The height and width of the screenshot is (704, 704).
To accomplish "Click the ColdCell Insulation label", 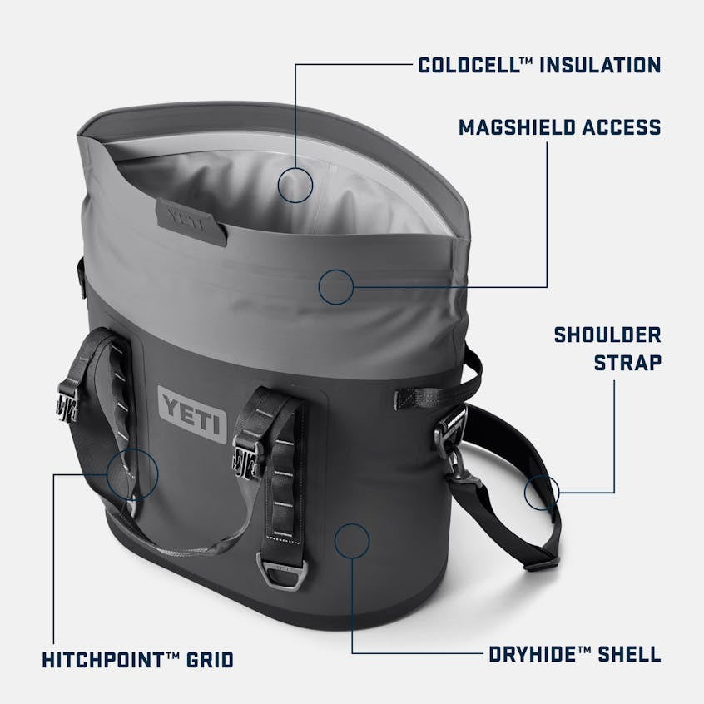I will click(539, 65).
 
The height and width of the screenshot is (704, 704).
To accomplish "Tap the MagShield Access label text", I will click(559, 127).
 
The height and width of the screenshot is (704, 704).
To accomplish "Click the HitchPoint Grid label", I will click(137, 660).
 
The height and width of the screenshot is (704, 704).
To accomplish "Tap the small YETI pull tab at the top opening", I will click(191, 220).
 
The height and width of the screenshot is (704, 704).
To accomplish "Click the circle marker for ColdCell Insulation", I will click(295, 185).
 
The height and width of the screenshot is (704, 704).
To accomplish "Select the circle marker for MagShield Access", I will click(335, 286).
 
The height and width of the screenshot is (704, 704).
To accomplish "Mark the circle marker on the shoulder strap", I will click(542, 493).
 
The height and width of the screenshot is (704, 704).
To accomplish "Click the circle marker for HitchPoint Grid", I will click(131, 474).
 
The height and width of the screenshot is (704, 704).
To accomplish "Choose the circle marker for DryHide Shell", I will click(351, 541).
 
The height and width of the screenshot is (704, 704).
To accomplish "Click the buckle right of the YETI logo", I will click(247, 454).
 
